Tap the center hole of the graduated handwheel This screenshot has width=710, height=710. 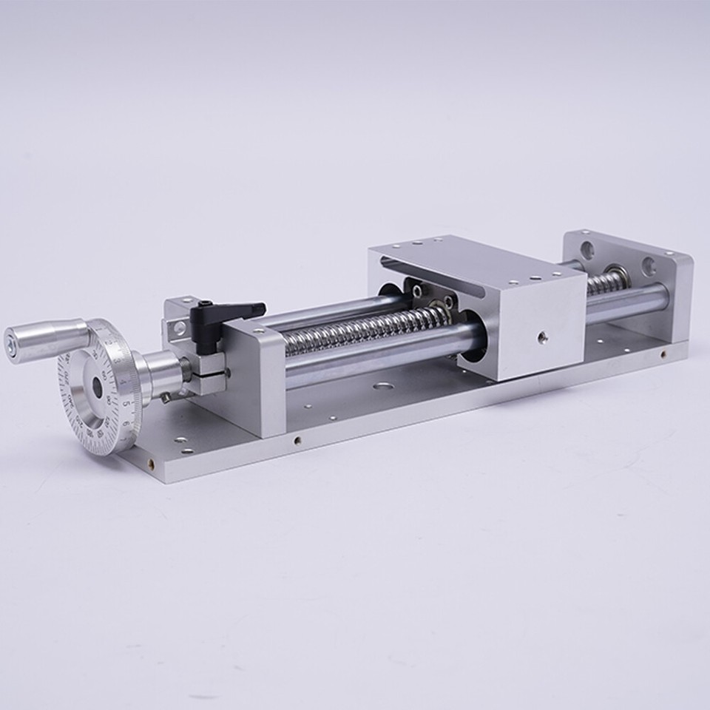(97, 387)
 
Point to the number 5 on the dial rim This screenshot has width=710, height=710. (126, 403)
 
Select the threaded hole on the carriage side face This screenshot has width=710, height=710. (542, 337)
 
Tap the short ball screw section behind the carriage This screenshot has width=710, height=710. (606, 281)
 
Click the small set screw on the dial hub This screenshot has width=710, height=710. (166, 397)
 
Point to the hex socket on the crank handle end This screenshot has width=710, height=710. (11, 345)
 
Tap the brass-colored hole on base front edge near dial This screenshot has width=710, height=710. (151, 464)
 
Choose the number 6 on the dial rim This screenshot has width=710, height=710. (126, 423)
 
